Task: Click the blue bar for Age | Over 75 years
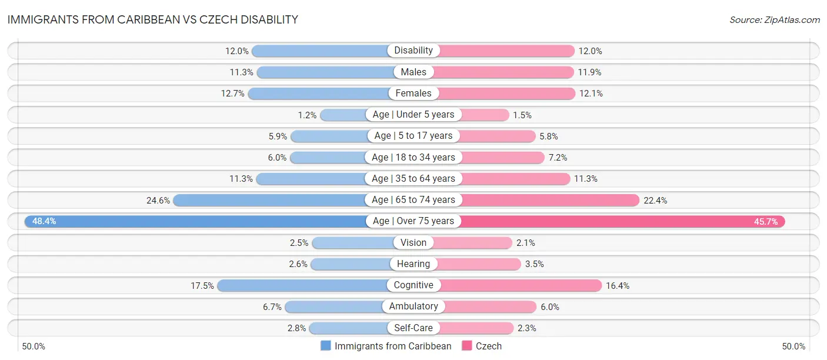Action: pyautogui.click(x=194, y=221)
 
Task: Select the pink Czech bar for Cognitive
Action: pyautogui.click(x=521, y=285)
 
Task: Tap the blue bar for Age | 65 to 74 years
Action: pyautogui.click(x=271, y=200)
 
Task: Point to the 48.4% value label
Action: pyautogui.click(x=44, y=221)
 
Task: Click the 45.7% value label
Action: pyautogui.click(x=766, y=221)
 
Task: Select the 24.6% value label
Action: pyautogui.click(x=158, y=200)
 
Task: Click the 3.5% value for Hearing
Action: pyautogui.click(x=535, y=264)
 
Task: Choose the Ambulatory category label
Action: pyautogui.click(x=413, y=306)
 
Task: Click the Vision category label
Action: pyautogui.click(x=413, y=242)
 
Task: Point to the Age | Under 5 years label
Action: pyautogui.click(x=413, y=114)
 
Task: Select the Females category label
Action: pyautogui.click(x=413, y=93)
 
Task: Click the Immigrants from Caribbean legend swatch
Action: pyautogui.click(x=326, y=346)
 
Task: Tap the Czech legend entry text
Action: pyautogui.click(x=489, y=346)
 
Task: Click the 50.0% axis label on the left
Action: pyautogui.click(x=34, y=346)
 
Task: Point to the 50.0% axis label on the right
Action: pyautogui.click(x=793, y=346)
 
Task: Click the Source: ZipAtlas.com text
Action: pyautogui.click(x=775, y=20)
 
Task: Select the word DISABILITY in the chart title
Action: pyautogui.click(x=268, y=20)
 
